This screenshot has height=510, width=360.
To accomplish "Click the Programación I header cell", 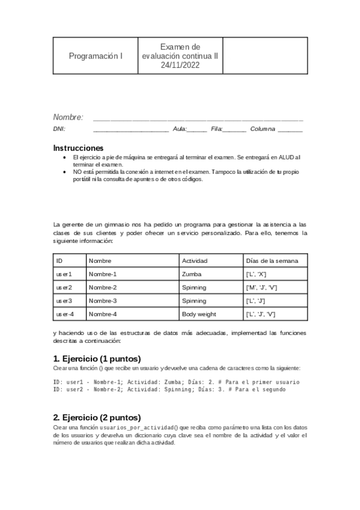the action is tap(96, 56).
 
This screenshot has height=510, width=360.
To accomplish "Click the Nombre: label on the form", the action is tap(68, 117).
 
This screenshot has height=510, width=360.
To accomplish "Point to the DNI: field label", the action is tap(59, 129).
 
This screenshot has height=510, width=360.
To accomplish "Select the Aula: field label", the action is tap(180, 129).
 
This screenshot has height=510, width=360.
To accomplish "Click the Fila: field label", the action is tap(217, 129).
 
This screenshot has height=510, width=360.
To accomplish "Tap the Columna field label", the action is tap(263, 129).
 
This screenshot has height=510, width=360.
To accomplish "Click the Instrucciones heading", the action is tap(78, 148).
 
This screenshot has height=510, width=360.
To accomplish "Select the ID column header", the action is tap(59, 261).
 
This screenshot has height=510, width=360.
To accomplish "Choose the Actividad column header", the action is tap(195, 261).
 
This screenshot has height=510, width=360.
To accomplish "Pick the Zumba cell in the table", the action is tap(192, 274).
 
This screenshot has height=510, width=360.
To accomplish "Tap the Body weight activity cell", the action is tap(199, 314).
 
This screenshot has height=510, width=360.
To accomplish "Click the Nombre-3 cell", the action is tap(103, 301).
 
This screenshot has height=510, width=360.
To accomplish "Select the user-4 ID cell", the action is tap(65, 314).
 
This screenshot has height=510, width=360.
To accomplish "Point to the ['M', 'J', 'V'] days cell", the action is tap(261, 287).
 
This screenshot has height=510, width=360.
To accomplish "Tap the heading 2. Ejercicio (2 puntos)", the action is tap(96, 417).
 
